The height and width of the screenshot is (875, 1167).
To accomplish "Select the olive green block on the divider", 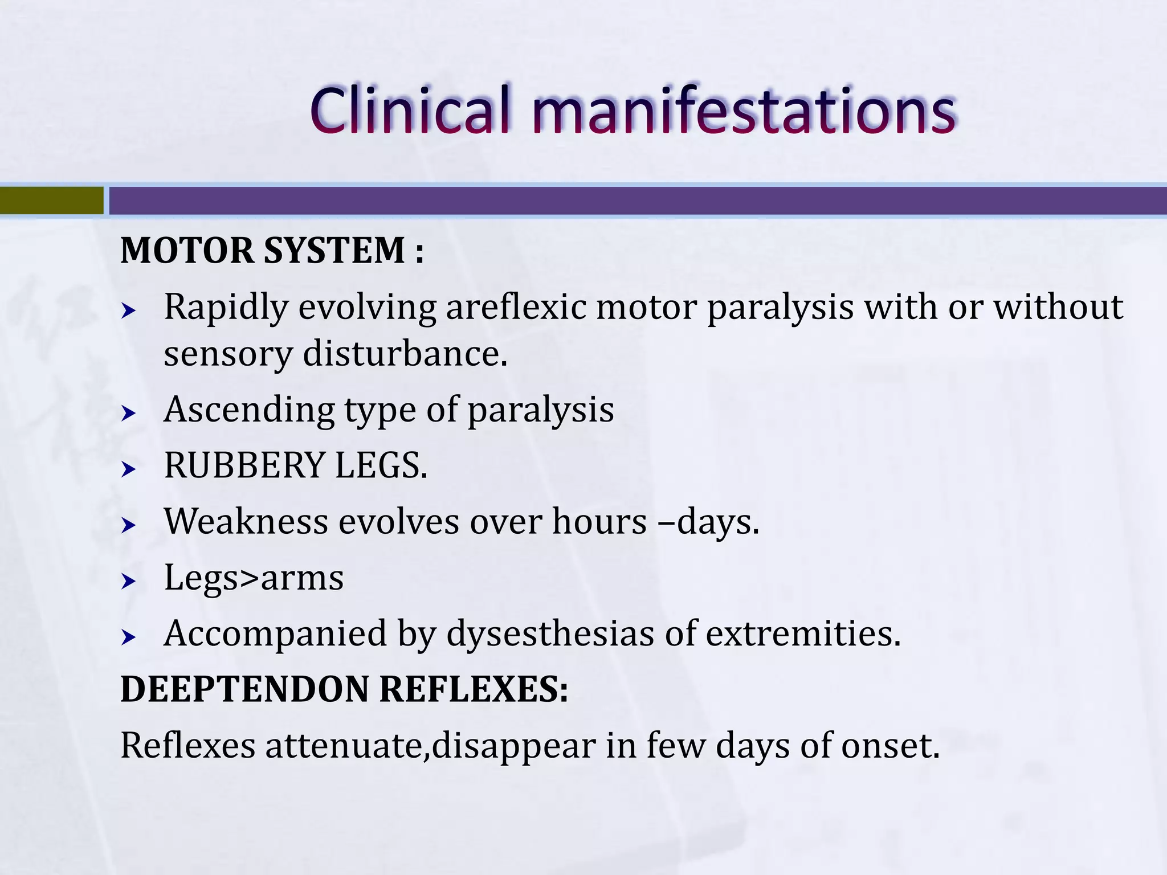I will [51, 201].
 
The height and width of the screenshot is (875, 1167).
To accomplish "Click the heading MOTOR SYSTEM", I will [272, 251].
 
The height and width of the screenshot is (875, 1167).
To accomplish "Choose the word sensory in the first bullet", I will [227, 354].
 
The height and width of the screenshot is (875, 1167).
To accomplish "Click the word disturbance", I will [405, 354].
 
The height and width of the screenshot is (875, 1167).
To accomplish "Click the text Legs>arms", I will [254, 577].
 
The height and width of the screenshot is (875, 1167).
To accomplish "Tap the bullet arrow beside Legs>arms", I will [129, 582].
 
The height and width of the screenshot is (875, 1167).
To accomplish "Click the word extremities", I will [803, 633].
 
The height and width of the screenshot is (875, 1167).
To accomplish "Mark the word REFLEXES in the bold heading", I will [473, 689].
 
